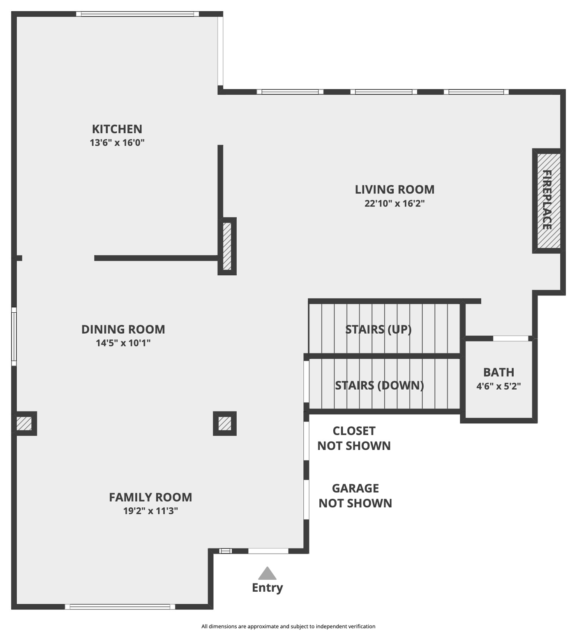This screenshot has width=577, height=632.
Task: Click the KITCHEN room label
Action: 117,129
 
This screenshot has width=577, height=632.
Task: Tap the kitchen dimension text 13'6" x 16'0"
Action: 117,143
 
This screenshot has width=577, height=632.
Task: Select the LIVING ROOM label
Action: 395,189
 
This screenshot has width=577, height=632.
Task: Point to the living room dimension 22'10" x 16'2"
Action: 395,203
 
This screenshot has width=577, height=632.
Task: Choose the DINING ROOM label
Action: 123,329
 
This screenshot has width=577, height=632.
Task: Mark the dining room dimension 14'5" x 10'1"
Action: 123,343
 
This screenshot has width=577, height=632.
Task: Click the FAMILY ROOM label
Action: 150,497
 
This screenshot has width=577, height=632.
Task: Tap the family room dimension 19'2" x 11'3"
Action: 150,511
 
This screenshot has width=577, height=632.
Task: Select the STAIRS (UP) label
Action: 378,329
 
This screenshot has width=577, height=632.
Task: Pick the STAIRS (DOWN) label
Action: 379,385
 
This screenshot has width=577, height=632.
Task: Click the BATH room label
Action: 499,372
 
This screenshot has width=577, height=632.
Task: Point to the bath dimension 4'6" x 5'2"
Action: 499,386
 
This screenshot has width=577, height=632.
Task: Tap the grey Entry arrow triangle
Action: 267,574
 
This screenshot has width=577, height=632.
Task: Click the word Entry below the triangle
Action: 267,587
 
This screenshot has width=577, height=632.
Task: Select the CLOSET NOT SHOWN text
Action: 354,438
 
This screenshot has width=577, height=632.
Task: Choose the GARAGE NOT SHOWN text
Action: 355,495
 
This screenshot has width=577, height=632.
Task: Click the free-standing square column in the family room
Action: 225,423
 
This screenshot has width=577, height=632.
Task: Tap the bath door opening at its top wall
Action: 510,338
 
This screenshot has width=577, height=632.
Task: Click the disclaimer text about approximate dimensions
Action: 288,626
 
